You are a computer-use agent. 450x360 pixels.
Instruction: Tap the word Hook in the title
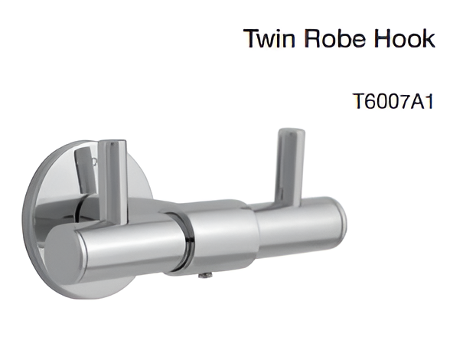406,39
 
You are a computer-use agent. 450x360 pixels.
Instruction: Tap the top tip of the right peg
290,133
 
